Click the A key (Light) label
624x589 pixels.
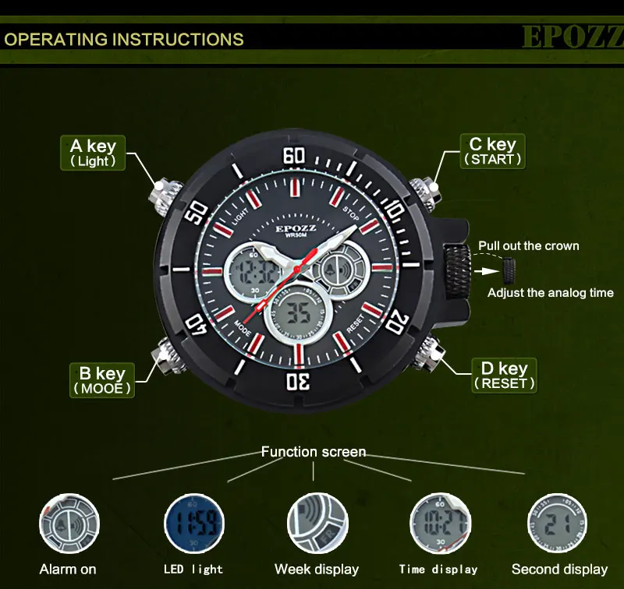[93, 153]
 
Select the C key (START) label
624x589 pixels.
[492, 151]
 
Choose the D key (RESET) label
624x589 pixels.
[505, 376]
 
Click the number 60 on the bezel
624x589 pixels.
[294, 156]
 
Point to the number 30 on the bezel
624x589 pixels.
[300, 382]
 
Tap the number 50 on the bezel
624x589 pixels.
[198, 210]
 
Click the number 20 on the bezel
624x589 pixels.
[396, 320]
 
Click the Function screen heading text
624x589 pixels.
[313, 452]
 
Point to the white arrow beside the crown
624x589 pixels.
[490, 271]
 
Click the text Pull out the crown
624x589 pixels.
[529, 245]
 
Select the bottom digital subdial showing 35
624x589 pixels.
[300, 314]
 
